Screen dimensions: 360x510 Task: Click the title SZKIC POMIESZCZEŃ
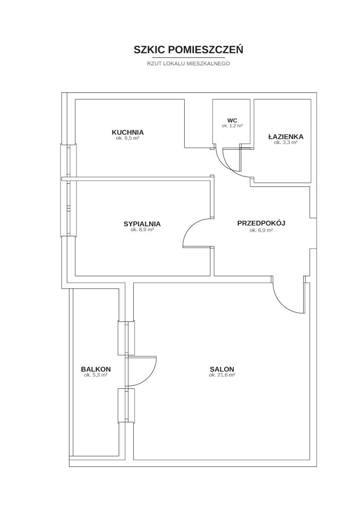tap(188, 49)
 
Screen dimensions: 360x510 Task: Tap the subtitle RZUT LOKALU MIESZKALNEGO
tap(188, 63)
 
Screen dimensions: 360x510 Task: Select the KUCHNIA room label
tap(127, 132)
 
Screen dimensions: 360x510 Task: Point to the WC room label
tap(232, 121)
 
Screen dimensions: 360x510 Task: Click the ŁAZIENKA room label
tap(286, 137)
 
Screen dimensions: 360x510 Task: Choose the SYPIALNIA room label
tap(142, 224)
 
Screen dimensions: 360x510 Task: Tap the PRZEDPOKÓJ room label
tap(261, 223)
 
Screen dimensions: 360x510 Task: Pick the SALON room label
tap(222, 369)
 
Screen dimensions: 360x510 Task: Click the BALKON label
tap(96, 369)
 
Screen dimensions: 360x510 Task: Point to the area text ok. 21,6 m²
tap(222, 375)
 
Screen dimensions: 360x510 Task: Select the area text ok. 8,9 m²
tap(142, 229)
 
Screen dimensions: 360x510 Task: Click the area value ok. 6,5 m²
tap(127, 138)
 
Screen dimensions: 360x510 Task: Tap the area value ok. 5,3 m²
tap(96, 375)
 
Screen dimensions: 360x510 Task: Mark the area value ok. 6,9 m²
tap(261, 230)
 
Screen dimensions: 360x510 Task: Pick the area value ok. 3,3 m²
tap(286, 142)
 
